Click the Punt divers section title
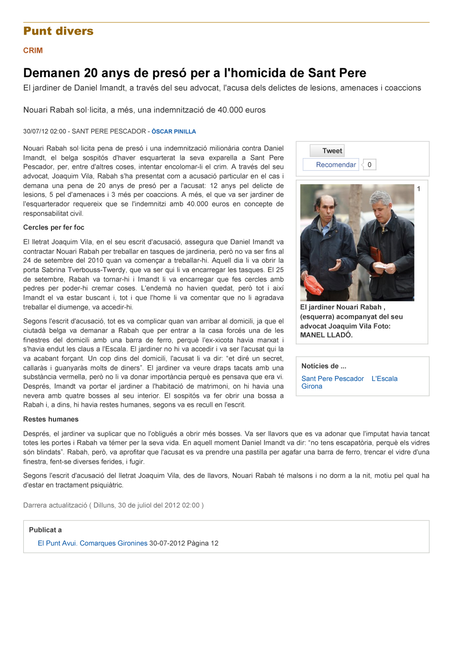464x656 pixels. tap(58, 31)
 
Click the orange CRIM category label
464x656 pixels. tap(33, 50)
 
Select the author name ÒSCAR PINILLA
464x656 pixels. tap(174, 132)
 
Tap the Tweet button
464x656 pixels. tap(327, 151)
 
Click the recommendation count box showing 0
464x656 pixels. tap(370, 165)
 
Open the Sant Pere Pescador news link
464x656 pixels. tap(333, 379)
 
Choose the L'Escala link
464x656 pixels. tap(384, 379)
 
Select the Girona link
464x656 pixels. tap(312, 387)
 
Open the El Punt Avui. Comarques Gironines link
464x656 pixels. tap(93, 543)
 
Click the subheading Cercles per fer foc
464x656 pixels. tap(54, 228)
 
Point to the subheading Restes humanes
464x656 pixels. tap(51, 419)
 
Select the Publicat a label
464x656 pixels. tap(45, 530)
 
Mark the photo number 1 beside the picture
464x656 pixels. tap(419, 189)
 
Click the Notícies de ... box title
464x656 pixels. tap(324, 366)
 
